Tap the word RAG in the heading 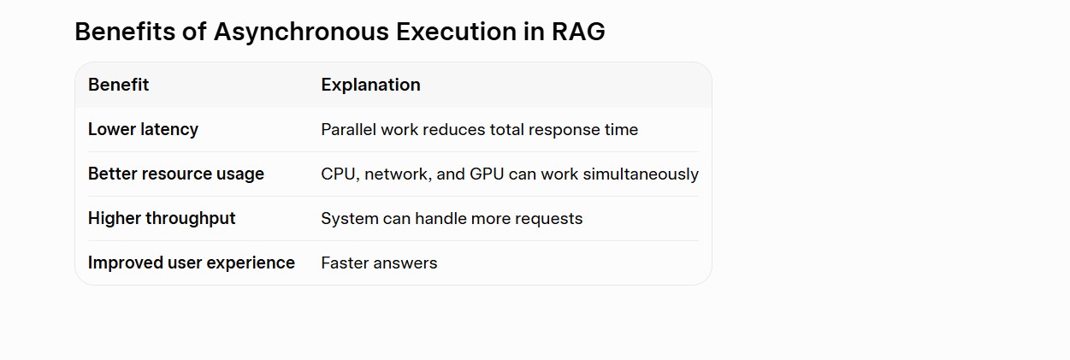click(578, 32)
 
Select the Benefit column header click(119, 85)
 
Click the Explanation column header click(370, 85)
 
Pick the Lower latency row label click(143, 129)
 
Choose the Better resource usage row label click(176, 174)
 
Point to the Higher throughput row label click(162, 218)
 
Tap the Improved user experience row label click(192, 263)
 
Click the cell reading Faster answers click(379, 263)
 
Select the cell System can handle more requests click(452, 219)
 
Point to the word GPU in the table click(487, 174)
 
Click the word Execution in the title click(456, 32)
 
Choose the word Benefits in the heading click(125, 32)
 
